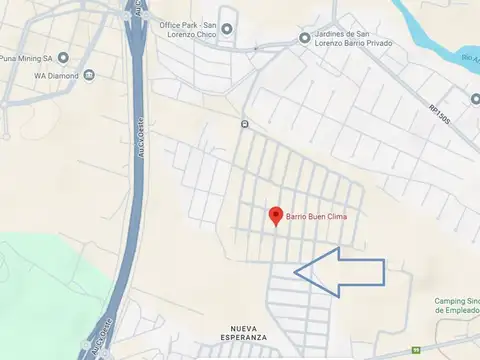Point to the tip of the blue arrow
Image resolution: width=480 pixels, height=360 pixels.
tap(297, 271)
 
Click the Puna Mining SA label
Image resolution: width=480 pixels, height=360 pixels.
tap(27, 57)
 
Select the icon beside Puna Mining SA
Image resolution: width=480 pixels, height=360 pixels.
tap(64, 57)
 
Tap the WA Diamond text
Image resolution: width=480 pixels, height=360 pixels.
tap(57, 75)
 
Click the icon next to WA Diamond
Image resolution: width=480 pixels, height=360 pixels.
tap(89, 75)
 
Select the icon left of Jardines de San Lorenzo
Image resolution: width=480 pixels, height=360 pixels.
tap(305, 38)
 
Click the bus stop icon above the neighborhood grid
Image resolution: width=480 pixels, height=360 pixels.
tap(244, 124)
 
